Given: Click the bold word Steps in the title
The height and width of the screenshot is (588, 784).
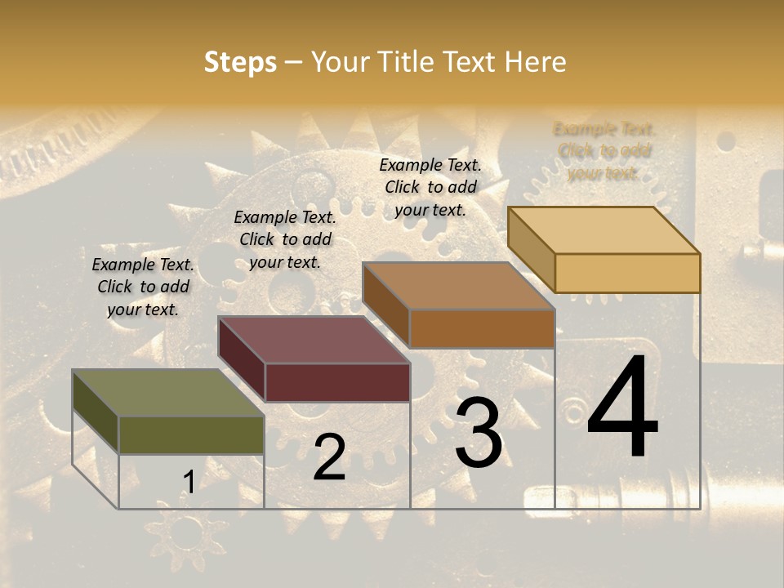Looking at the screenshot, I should [240, 63].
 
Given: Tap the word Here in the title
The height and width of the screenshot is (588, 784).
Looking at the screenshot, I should [535, 62].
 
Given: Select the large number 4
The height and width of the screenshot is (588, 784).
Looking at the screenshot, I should [622, 408].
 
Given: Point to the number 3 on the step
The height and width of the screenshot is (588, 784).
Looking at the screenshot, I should [479, 433].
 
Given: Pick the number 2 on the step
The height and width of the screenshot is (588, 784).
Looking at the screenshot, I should [329, 457].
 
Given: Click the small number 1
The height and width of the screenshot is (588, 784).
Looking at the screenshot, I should [189, 483].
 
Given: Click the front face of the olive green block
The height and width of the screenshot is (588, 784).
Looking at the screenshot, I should [191, 434].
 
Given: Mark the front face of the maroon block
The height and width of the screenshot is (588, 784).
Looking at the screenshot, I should [337, 382].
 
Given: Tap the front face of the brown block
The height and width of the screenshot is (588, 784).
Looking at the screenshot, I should [482, 328].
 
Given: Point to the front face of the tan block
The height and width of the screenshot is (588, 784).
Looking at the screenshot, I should [627, 273].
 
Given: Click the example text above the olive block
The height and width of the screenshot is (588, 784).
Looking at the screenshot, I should [143, 287].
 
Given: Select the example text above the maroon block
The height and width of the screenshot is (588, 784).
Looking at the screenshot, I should [285, 239].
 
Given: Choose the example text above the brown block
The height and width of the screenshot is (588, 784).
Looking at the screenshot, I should [430, 187].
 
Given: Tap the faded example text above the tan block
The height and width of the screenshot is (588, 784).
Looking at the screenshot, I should [604, 151].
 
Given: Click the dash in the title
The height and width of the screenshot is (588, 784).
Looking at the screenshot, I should [294, 63].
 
